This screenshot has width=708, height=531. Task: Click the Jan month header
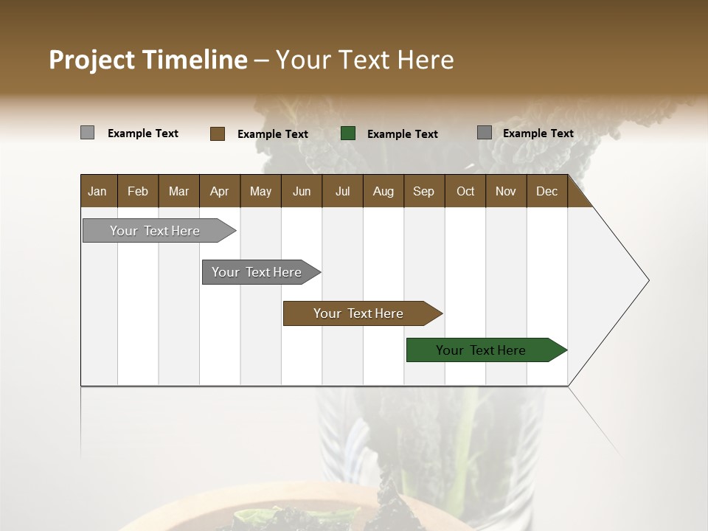click(x=97, y=191)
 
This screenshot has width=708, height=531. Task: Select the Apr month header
click(x=219, y=191)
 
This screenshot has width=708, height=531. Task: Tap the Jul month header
click(x=342, y=191)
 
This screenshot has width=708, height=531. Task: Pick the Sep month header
click(x=423, y=191)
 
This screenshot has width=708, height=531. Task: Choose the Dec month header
click(x=546, y=191)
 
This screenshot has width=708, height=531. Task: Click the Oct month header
click(x=465, y=191)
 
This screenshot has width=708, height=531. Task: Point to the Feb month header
click(x=138, y=191)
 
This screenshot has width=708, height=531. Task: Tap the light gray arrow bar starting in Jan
click(x=156, y=231)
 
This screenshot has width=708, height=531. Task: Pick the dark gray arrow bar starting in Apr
click(x=257, y=272)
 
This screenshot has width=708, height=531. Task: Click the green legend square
click(x=348, y=133)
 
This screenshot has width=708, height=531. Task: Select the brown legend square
click(x=218, y=133)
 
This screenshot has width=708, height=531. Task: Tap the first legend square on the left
click(x=87, y=133)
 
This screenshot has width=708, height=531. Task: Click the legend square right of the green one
click(x=485, y=133)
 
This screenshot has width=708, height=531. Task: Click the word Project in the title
click(x=92, y=60)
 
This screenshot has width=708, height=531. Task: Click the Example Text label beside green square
click(x=403, y=134)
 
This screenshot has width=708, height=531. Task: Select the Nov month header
click(x=506, y=191)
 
